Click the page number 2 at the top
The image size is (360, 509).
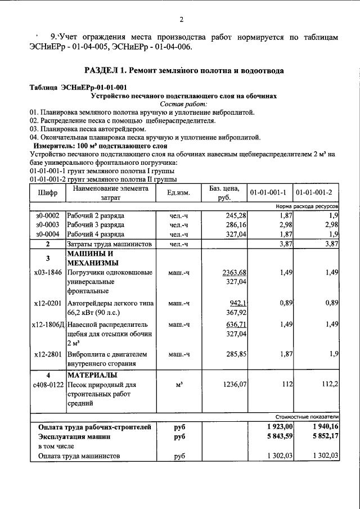click(x=182, y=20)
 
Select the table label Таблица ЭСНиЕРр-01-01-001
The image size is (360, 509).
click(x=78, y=88)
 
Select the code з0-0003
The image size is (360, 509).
click(x=47, y=225)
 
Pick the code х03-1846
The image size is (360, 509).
click(x=47, y=272)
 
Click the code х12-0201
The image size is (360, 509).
click(x=47, y=303)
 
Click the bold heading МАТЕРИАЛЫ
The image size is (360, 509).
click(x=93, y=375)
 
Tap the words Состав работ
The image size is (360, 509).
click(x=183, y=105)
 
